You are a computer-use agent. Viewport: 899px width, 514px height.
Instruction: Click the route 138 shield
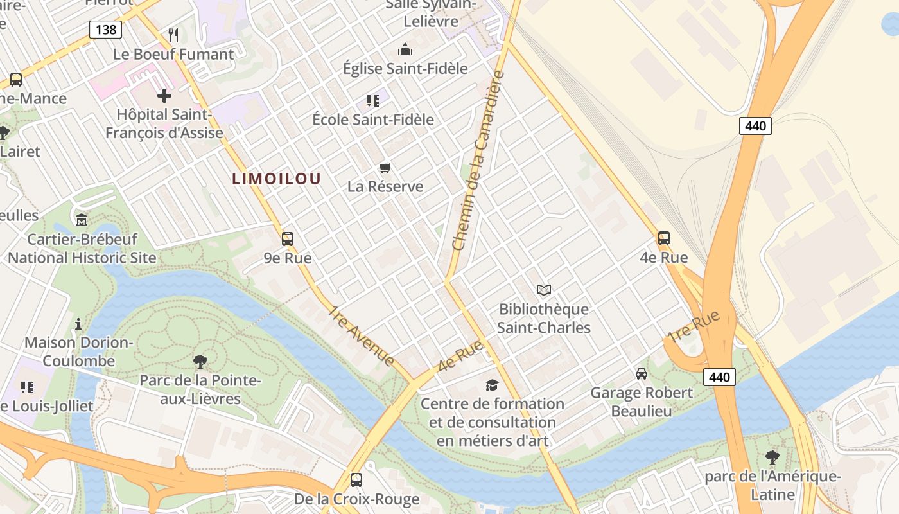(105, 29)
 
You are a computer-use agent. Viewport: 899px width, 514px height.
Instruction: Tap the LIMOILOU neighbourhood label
(276, 179)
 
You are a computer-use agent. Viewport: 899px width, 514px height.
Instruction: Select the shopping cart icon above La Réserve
(385, 168)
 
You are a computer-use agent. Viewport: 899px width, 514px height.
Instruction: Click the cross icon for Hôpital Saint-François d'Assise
(164, 96)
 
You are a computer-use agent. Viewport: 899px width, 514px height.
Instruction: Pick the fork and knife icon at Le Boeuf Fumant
(173, 35)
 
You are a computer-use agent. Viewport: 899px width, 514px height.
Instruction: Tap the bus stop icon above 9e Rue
(288, 239)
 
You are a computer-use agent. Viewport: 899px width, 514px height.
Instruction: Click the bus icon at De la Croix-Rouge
(356, 479)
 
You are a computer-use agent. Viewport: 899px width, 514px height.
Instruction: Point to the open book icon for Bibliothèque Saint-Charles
(544, 290)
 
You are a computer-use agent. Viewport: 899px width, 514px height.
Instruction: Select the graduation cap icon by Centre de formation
(492, 385)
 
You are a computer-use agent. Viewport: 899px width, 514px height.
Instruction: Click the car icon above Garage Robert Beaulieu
(641, 373)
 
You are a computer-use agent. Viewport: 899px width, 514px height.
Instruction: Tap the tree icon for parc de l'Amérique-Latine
(772, 457)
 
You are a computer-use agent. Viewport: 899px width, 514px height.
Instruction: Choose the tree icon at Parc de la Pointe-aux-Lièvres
(200, 361)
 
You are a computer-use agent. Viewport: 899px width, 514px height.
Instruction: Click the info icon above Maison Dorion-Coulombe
(78, 324)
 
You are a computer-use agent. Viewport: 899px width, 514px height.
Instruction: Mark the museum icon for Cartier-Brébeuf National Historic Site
(82, 220)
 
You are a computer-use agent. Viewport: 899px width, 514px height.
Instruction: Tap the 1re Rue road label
(694, 326)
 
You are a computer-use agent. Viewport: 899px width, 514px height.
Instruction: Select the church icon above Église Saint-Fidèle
(405, 49)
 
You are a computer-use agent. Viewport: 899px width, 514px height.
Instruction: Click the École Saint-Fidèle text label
(373, 120)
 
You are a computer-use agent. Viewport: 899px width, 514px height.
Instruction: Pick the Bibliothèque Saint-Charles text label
(544, 319)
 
